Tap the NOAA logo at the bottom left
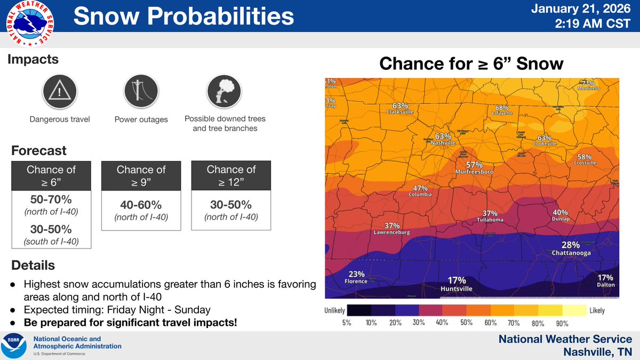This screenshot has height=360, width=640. pos(15,345)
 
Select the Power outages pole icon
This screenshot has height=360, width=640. pos(141,92)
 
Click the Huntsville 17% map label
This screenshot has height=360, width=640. pos(457,284)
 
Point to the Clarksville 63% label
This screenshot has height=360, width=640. pos(400,109)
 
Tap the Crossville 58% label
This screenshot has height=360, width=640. pos(585,160)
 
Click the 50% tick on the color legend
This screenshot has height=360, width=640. pos(467,323)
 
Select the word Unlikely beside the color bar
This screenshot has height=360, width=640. pos(334,310)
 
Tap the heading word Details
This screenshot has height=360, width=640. pos(31,265)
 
